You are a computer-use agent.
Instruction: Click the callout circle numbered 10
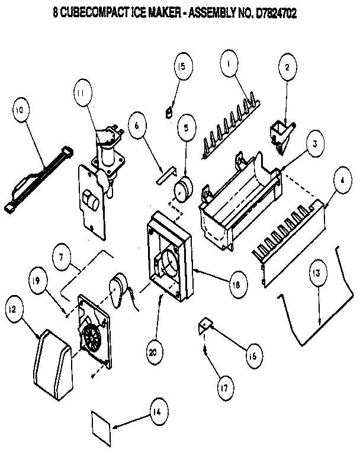pos(19,111)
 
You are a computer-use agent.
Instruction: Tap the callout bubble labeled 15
pos(182,66)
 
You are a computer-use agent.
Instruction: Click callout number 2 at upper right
pos(287,68)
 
